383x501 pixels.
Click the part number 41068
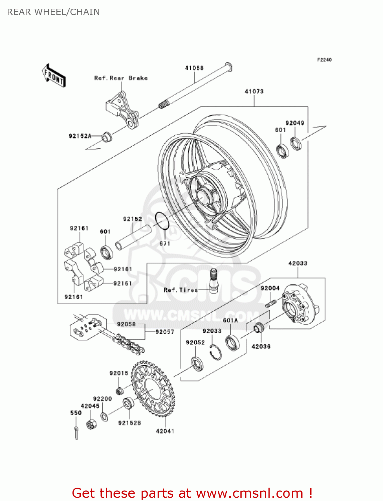click(x=194, y=68)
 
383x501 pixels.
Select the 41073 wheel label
click(x=254, y=91)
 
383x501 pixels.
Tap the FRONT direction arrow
click(x=54, y=76)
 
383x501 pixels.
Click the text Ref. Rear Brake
click(x=121, y=78)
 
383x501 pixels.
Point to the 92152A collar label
click(x=80, y=136)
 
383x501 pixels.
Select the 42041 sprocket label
click(x=165, y=431)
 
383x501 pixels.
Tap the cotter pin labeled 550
click(x=76, y=433)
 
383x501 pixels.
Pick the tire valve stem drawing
click(x=213, y=281)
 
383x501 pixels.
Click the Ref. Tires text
click(x=181, y=290)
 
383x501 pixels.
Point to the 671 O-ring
click(x=162, y=221)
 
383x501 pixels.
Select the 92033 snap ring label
click(x=212, y=331)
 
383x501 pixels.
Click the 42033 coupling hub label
click(x=298, y=263)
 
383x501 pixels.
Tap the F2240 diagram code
click(x=324, y=60)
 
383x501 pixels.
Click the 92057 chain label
click(x=165, y=332)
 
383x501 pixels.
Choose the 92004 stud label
click(x=270, y=288)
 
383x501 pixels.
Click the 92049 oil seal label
click(x=295, y=123)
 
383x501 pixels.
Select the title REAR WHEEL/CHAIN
click(x=53, y=12)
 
